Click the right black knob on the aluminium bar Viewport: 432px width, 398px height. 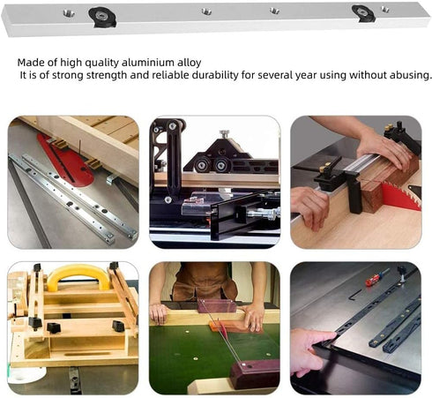tap(362, 12)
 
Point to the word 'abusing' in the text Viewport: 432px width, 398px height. tap(409, 75)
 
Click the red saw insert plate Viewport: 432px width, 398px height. tap(66, 159)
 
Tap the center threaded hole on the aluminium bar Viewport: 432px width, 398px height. tap(206, 11)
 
